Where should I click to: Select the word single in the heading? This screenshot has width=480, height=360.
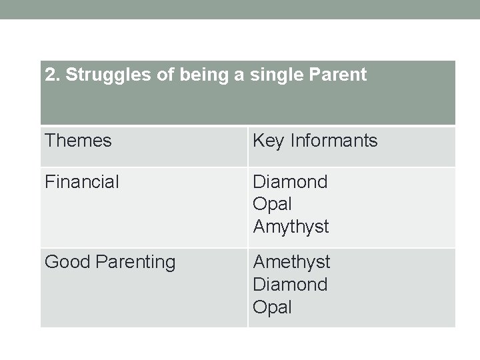(278, 75)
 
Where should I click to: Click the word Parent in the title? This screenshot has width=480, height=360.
(339, 75)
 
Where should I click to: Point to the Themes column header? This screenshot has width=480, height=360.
(78, 141)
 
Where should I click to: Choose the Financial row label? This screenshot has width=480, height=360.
(82, 181)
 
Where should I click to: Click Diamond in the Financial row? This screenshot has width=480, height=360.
(290, 181)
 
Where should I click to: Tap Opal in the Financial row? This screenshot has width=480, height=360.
(272, 204)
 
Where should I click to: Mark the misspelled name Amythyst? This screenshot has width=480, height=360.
(291, 227)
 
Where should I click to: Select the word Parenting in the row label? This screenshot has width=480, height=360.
(135, 263)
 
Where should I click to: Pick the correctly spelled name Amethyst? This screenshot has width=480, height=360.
(291, 262)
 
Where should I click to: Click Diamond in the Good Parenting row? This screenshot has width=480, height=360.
(290, 285)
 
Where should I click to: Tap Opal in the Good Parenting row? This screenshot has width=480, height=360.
(272, 307)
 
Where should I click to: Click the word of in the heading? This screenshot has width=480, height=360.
(159, 75)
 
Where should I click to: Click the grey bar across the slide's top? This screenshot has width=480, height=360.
(240, 9)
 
